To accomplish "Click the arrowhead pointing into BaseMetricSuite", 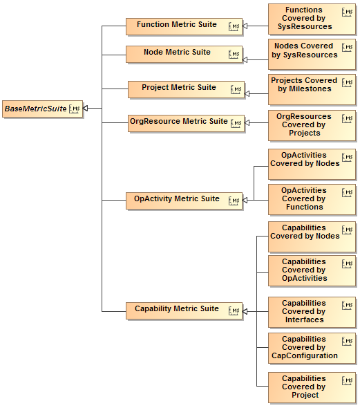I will pos(88,109).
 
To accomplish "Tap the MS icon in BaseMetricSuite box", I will pos(75,109).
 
